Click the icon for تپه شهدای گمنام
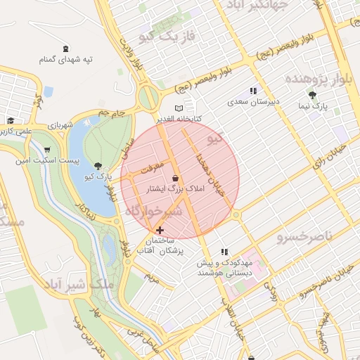(65, 49)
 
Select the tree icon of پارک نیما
(313, 96)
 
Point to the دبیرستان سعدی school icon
(253, 91)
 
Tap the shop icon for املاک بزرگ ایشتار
(174, 179)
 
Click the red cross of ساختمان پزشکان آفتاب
(160, 230)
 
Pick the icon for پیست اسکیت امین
(46, 150)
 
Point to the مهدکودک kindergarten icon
(224, 251)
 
